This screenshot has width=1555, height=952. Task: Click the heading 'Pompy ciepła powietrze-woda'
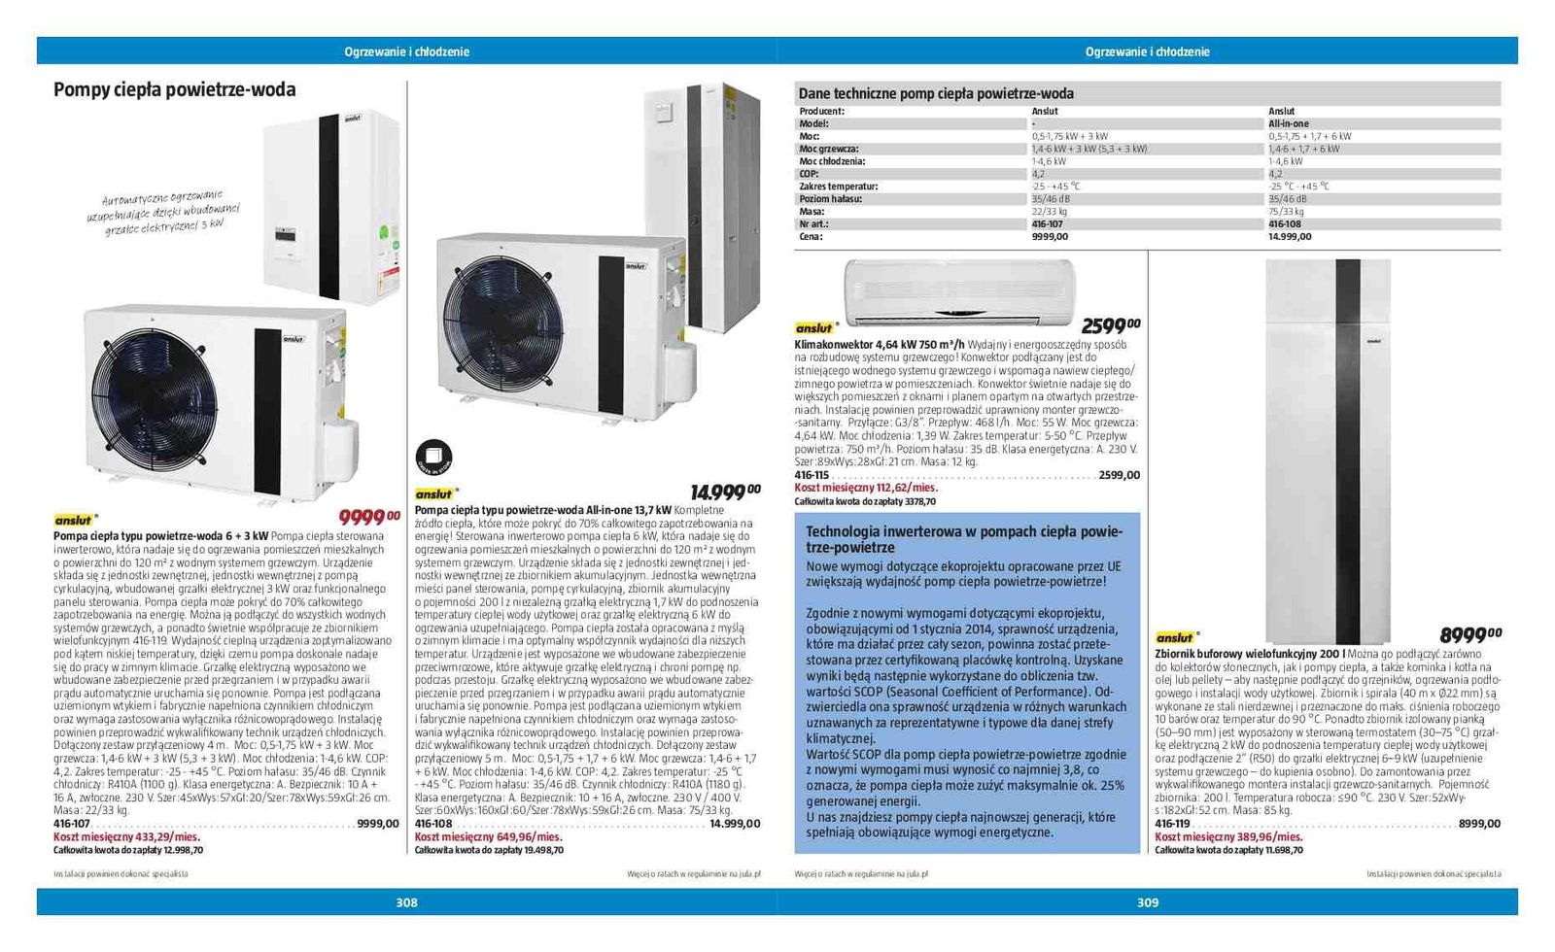[174, 90]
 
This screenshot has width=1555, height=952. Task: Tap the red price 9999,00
[369, 518]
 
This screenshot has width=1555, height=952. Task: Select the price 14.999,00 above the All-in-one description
[725, 493]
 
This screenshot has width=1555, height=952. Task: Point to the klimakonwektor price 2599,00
[1111, 325]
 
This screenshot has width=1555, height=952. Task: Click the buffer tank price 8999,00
[1469, 635]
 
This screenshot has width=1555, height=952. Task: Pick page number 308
[406, 902]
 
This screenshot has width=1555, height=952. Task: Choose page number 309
[1148, 902]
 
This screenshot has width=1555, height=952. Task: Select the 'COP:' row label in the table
[809, 174]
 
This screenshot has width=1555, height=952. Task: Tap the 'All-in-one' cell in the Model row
[1289, 124]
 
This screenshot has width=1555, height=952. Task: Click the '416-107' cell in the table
[1047, 224]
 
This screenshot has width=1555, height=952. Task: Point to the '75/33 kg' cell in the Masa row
[1286, 212]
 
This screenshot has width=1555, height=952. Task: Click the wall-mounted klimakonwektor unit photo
[959, 290]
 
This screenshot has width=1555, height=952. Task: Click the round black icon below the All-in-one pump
[433, 458]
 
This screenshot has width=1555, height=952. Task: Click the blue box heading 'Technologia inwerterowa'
[963, 539]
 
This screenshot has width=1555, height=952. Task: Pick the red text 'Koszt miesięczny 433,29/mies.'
[126, 836]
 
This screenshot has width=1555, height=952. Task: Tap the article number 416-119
[1172, 824]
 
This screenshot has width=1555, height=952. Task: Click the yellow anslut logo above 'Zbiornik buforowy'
[1175, 638]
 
